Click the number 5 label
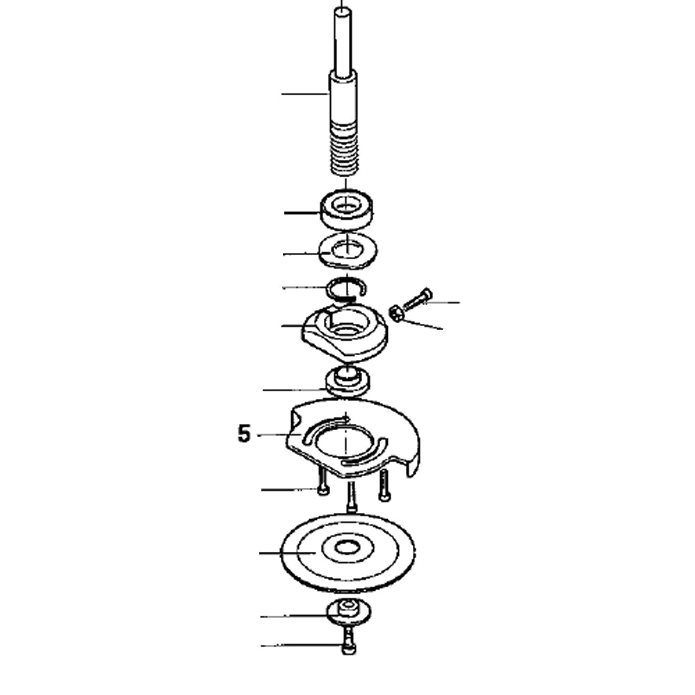click(x=243, y=434)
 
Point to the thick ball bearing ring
click(x=346, y=208)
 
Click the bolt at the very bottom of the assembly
click(x=348, y=643)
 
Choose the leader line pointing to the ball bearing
click(x=302, y=212)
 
